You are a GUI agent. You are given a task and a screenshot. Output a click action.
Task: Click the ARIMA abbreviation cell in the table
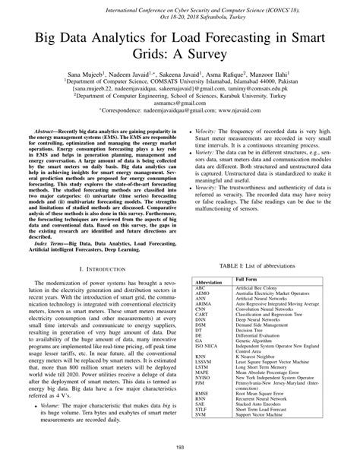(x=203, y=303)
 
